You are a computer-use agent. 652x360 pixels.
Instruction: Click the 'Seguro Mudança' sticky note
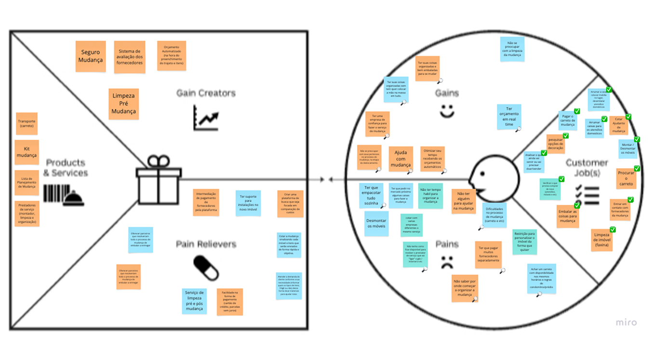[x=91, y=56]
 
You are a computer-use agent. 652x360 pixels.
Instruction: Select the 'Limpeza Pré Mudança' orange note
[x=124, y=104]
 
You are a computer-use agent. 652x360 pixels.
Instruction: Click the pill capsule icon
[x=206, y=267]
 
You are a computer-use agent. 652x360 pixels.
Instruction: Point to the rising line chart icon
[x=206, y=118]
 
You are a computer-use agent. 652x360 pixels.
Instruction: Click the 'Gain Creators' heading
[x=206, y=93]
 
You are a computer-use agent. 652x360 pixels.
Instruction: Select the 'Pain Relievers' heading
[x=206, y=244]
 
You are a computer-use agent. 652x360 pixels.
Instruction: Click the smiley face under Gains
[x=447, y=111]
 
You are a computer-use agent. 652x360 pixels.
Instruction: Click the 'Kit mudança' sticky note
[x=27, y=152]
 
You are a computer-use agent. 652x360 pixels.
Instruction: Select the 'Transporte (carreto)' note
[x=27, y=123]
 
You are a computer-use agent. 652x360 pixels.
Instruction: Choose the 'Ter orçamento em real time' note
[x=510, y=117]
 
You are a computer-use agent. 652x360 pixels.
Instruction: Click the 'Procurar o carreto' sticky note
[x=626, y=179]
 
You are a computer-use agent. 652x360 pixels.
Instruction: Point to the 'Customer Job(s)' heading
[x=586, y=168]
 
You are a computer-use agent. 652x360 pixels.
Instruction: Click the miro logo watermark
[x=626, y=322]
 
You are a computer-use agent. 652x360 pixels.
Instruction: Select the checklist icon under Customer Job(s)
[x=586, y=194]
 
